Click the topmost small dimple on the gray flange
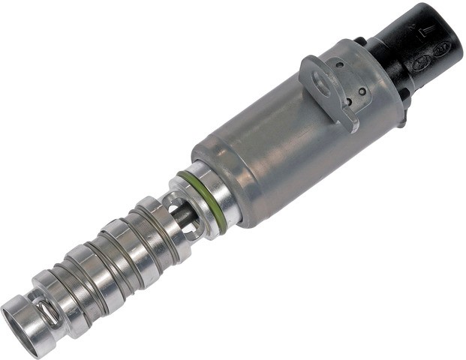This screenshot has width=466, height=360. pos(339,65)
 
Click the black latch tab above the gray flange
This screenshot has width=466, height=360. pos(361,39)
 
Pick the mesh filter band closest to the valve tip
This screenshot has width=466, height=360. pos(71,295)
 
